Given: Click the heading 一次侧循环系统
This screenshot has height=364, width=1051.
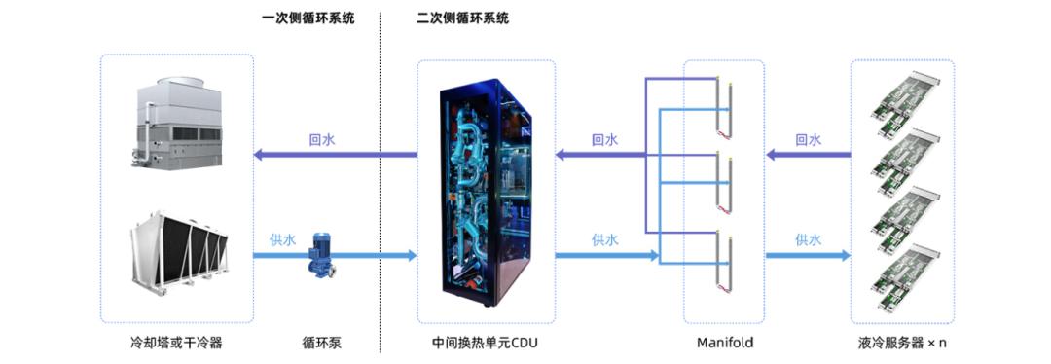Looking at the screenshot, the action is [x=308, y=18].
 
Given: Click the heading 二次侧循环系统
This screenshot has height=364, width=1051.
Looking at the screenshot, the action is [x=462, y=18].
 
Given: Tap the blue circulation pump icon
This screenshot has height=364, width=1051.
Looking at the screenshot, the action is [x=320, y=255].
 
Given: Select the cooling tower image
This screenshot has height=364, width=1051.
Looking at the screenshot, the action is [x=178, y=123].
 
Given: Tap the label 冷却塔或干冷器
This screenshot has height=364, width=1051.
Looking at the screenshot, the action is [x=176, y=344].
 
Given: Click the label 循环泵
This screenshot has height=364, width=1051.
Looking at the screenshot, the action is [x=322, y=344].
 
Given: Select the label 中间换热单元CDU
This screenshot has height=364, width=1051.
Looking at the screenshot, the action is [x=486, y=344].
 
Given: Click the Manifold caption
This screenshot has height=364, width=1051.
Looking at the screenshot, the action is [x=725, y=344].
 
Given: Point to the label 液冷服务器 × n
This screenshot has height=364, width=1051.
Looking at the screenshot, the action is [x=902, y=344].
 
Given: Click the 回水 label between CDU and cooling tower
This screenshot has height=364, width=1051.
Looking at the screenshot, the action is [x=322, y=140].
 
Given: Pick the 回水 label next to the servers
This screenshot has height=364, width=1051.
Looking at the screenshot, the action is [x=809, y=140].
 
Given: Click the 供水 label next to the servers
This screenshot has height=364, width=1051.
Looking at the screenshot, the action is [x=809, y=239].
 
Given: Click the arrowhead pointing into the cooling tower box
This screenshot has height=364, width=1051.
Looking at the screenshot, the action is [x=259, y=155].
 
